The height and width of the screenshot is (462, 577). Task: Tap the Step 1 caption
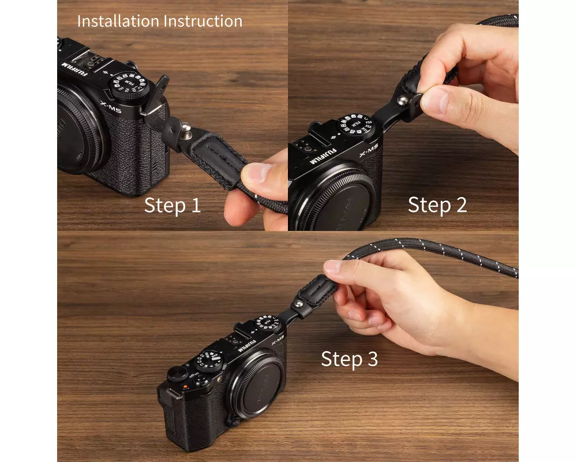click(173, 205)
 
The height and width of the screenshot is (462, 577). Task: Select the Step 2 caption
click(437, 204)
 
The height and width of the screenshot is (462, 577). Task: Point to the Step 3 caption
click(349, 359)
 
